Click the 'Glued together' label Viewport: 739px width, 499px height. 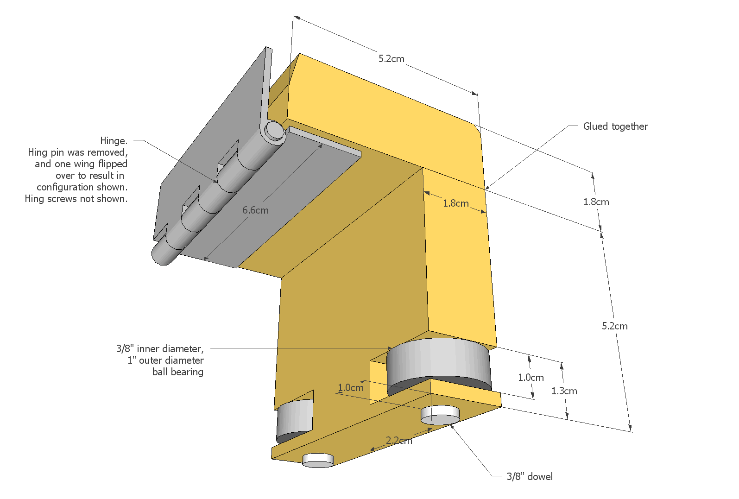pyautogui.click(x=615, y=126)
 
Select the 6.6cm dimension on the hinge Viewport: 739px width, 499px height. pyautogui.click(x=255, y=210)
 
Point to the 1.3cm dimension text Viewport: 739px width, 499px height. pyautogui.click(x=564, y=391)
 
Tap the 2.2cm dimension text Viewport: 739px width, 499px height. pyautogui.click(x=399, y=441)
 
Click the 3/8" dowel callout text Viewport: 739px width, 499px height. pyautogui.click(x=530, y=477)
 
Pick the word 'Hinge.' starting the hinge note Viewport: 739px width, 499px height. pyautogui.click(x=114, y=141)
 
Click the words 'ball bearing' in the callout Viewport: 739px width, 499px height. pyautogui.click(x=177, y=372)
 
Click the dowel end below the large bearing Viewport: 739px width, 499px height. pyautogui.click(x=440, y=415)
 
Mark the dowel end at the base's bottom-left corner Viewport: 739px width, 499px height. pyautogui.click(x=318, y=460)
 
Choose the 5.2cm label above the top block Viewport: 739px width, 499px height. pyautogui.click(x=391, y=59)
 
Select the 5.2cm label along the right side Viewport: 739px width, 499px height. pyautogui.click(x=614, y=326)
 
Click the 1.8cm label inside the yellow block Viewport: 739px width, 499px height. pyautogui.click(x=455, y=203)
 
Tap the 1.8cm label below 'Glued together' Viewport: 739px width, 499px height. pyautogui.click(x=596, y=202)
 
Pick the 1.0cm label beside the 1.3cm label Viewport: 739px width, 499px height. pyautogui.click(x=531, y=378)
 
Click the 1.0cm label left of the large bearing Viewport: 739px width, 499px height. pyautogui.click(x=351, y=388)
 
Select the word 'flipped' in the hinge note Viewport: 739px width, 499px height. pyautogui.click(x=113, y=164)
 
